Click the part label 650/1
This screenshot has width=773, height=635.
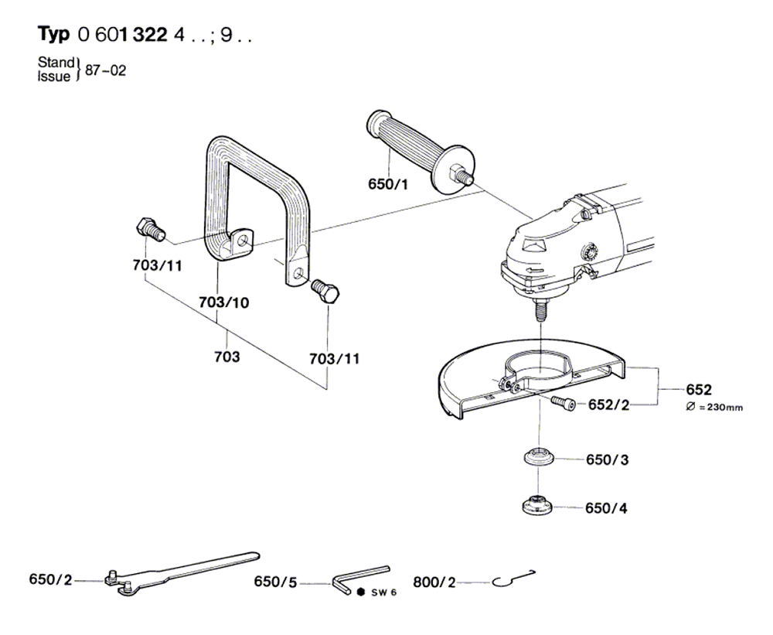[x=388, y=184]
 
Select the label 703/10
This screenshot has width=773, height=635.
[x=224, y=302]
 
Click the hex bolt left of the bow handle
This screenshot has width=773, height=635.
[x=150, y=230]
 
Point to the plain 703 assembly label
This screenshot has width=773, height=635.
[x=226, y=357]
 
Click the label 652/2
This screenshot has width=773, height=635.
[x=609, y=405]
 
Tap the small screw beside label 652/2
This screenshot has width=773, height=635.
[x=564, y=403]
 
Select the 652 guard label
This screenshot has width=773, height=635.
[x=699, y=390]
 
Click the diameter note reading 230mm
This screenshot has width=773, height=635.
[x=713, y=408]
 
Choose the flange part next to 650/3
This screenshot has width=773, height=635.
[x=540, y=456]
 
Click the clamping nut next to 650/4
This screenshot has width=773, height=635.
[x=537, y=504]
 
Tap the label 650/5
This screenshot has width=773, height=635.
[x=276, y=582]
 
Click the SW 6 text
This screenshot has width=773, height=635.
[x=384, y=592]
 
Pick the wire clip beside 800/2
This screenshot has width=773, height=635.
[x=514, y=579]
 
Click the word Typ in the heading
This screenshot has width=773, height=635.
[x=54, y=35]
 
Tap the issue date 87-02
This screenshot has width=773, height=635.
[x=105, y=70]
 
